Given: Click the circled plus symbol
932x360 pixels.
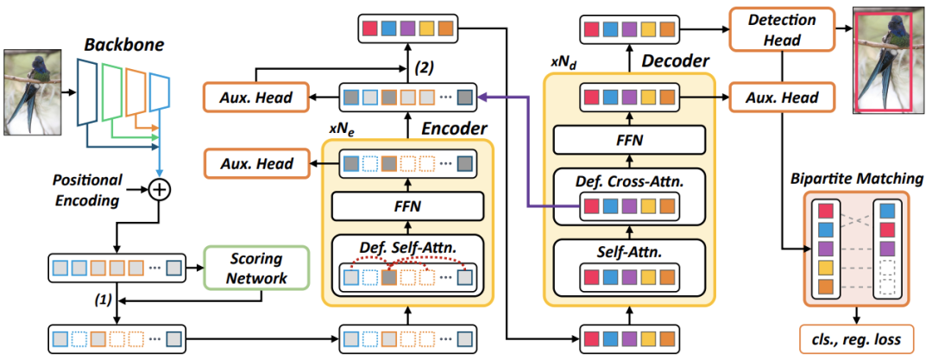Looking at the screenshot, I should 159,189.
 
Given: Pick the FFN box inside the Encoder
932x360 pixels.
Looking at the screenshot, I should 406,208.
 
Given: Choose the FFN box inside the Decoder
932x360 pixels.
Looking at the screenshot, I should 629,138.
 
